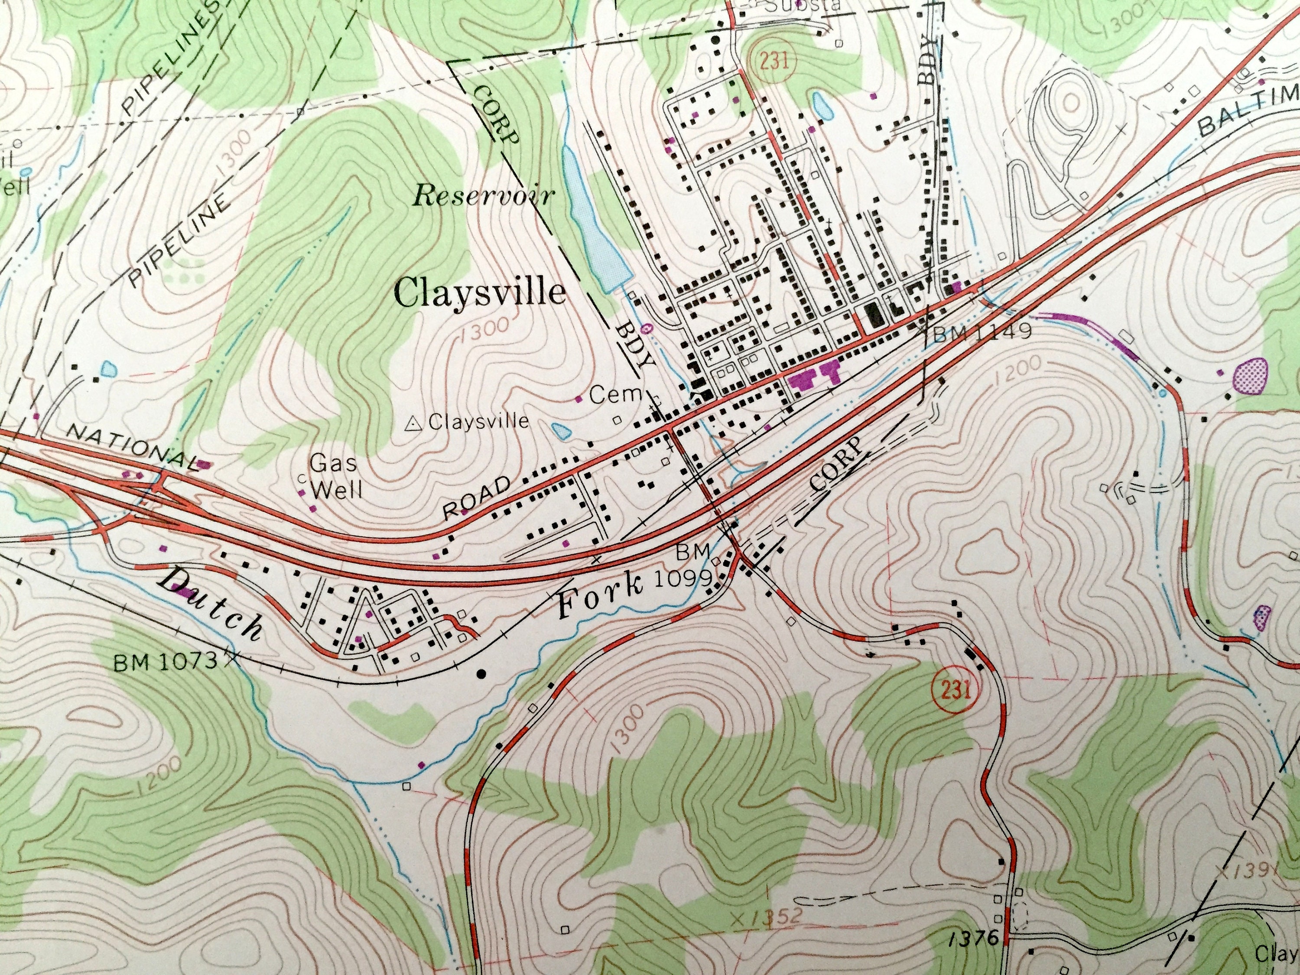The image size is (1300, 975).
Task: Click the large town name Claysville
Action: pos(480,292)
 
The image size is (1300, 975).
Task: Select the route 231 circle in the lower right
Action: pos(949,689)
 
